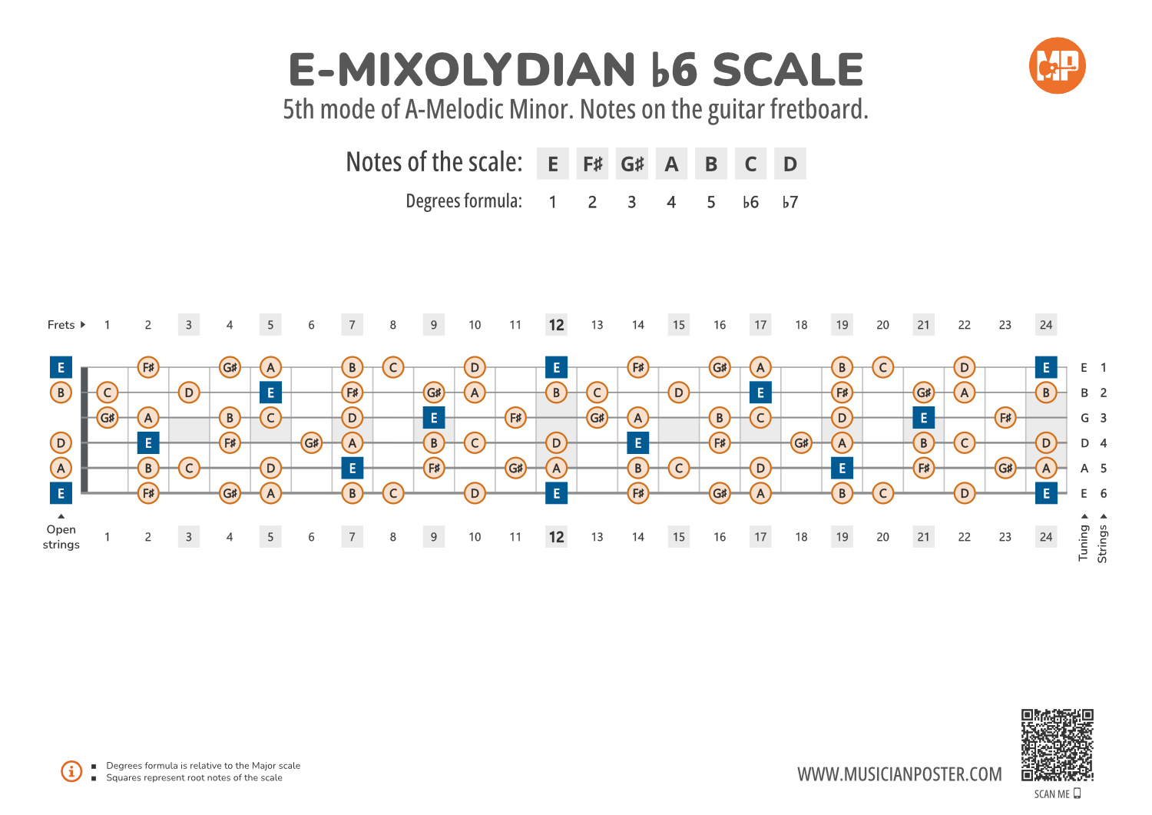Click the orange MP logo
pyautogui.click(x=1057, y=66)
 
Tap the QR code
pyautogui.click(x=1057, y=744)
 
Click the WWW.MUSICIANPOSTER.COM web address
pyautogui.click(x=899, y=774)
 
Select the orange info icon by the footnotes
pyautogui.click(x=71, y=771)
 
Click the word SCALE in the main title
pyautogui.click(x=788, y=70)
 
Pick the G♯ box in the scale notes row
pyautogui.click(x=632, y=164)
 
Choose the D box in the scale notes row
pyautogui.click(x=790, y=164)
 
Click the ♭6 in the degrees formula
pyautogui.click(x=750, y=202)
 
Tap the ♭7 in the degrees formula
pyautogui.click(x=790, y=202)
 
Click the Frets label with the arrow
pyautogui.click(x=66, y=325)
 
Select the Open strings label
pyautogui.click(x=61, y=537)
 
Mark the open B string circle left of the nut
pyautogui.click(x=61, y=393)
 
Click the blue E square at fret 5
pyautogui.click(x=270, y=393)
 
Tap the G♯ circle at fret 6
pyautogui.click(x=311, y=443)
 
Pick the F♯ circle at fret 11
pyautogui.click(x=515, y=418)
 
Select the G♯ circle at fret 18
pyautogui.click(x=801, y=443)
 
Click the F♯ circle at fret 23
pyautogui.click(x=1005, y=418)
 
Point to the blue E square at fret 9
pyautogui.click(x=434, y=418)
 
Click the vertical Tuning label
pyautogui.click(x=1084, y=542)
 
